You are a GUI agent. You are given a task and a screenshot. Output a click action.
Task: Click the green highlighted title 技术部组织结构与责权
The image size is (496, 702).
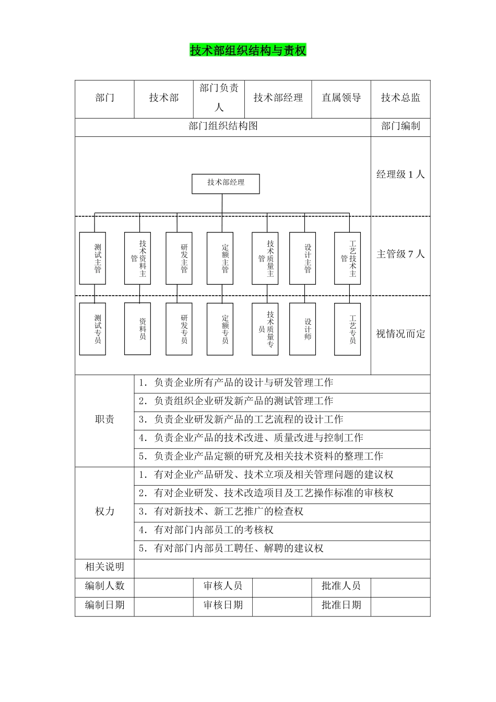[248, 51]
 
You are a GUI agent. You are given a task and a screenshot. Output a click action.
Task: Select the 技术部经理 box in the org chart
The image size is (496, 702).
[226, 183]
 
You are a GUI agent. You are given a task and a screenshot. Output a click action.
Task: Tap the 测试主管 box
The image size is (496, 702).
[92, 258]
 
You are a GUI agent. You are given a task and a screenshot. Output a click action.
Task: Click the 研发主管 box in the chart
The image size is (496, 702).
[179, 258]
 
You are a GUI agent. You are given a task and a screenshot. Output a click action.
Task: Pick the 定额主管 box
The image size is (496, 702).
[220, 258]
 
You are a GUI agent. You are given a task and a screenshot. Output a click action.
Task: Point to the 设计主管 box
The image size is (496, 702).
[302, 258]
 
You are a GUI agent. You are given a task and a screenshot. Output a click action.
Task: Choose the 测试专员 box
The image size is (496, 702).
[92, 329]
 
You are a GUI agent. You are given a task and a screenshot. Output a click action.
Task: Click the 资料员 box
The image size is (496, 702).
[137, 329]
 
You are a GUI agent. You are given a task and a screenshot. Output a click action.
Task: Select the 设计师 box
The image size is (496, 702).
[302, 329]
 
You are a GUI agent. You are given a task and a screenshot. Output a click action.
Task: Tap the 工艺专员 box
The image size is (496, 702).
[347, 329]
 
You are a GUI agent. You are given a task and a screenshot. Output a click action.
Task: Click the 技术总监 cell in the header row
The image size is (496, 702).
[400, 98]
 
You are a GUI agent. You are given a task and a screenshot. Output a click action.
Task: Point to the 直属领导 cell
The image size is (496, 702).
[341, 98]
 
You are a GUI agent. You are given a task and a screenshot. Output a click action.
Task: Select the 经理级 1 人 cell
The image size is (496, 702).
[400, 174]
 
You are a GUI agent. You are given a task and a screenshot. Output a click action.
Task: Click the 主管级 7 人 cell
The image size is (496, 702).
[400, 254]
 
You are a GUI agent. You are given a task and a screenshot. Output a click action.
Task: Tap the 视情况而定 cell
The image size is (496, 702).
[400, 334]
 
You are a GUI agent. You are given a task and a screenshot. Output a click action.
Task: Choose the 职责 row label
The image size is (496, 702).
[104, 419]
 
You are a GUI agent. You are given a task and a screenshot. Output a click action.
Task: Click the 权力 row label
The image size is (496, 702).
[104, 511]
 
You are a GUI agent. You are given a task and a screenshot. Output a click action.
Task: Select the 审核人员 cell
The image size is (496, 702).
[223, 586]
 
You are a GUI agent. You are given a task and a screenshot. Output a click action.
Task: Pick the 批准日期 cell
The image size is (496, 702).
[341, 605]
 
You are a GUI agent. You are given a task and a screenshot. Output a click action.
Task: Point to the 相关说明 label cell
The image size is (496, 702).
[104, 567]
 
